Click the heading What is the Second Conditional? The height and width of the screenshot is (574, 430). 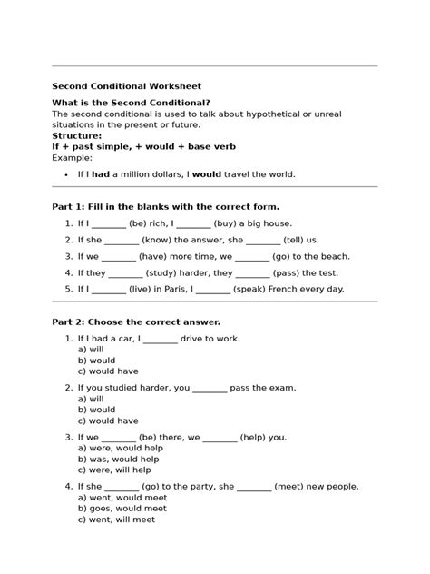[x=131, y=104]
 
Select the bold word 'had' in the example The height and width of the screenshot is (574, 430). [x=101, y=174]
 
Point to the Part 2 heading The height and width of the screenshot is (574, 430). [x=136, y=322]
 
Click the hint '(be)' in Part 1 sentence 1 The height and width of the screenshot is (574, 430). [x=139, y=223]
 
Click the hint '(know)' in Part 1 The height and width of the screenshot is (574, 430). [x=159, y=240]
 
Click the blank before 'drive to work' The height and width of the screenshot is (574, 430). [x=160, y=339]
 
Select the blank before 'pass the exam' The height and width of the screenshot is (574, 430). [x=210, y=388]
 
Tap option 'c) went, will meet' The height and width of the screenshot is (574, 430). [x=119, y=520]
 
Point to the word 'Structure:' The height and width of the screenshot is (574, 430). [x=77, y=135]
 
